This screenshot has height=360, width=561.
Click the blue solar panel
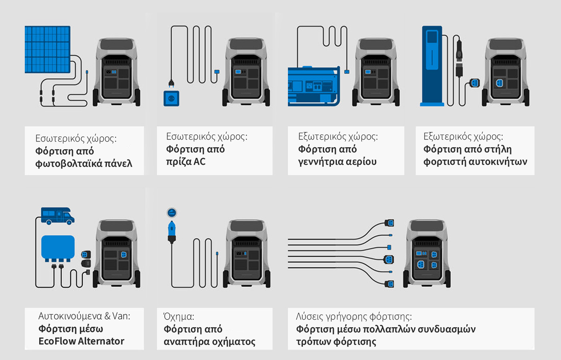tap(47, 49)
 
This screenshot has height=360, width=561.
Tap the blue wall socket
tap(171, 98)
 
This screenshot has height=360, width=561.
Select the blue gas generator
tap(313, 86)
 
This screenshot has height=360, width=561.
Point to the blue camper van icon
tap(58, 216)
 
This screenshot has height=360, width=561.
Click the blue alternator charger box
tap(58, 247)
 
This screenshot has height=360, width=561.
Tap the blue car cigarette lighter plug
tap(172, 232)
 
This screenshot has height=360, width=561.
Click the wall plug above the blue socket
tap(172, 83)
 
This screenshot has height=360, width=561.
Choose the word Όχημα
tap(178, 316)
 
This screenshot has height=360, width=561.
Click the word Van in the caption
tap(121, 316)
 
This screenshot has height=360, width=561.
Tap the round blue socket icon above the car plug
tap(172, 213)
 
